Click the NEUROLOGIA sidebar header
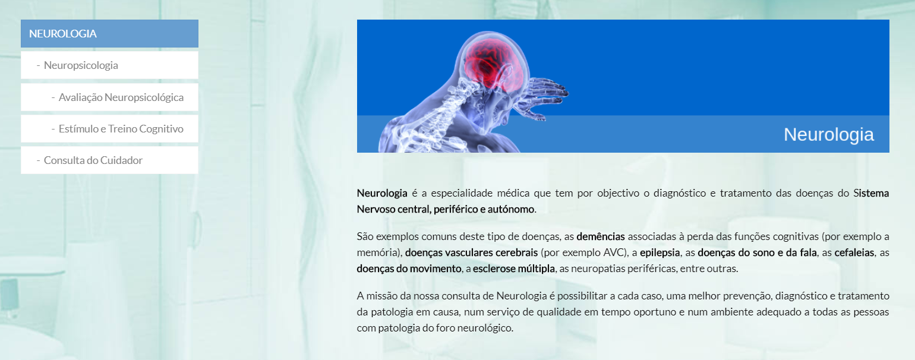pyautogui.click(x=109, y=33)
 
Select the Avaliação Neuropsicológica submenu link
pyautogui.click(x=121, y=97)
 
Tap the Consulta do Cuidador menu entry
pyautogui.click(x=93, y=160)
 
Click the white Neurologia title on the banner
pyautogui.click(x=828, y=134)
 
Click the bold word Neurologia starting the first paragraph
pyautogui.click(x=382, y=193)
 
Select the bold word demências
pyautogui.click(x=601, y=236)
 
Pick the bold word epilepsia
pyautogui.click(x=660, y=253)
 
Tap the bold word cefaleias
pyautogui.click(x=854, y=252)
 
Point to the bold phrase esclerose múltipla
pyautogui.click(x=514, y=269)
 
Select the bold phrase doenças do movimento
pyautogui.click(x=409, y=269)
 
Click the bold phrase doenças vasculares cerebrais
pyautogui.click(x=471, y=252)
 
